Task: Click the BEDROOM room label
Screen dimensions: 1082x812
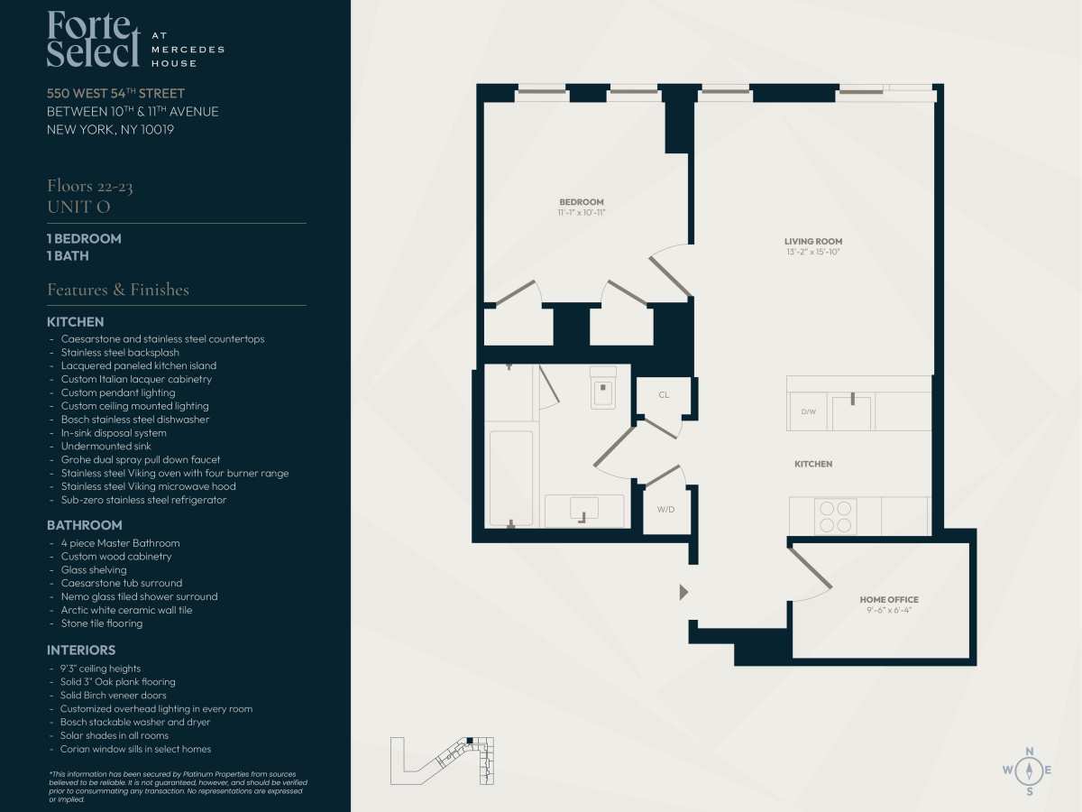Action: (582, 202)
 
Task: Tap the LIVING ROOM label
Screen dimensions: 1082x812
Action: (813, 242)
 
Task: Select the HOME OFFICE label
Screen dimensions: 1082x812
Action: (889, 599)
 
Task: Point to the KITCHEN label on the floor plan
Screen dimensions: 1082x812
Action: (813, 464)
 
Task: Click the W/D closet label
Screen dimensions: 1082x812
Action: (666, 509)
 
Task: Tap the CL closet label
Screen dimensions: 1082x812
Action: (664, 394)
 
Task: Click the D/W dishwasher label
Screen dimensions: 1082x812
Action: (809, 411)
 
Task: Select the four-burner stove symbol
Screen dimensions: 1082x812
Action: (836, 516)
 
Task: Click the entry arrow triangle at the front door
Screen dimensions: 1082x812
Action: (683, 592)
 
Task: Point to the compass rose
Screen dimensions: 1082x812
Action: (1030, 770)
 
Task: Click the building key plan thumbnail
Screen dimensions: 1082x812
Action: (442, 761)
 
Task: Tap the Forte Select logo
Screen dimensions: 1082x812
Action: (135, 39)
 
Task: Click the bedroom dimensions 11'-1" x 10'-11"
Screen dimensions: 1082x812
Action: (582, 213)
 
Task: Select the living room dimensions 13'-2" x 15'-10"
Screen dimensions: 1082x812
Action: (813, 252)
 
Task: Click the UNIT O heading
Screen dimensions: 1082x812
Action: (78, 208)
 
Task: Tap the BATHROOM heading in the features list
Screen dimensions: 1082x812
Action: (84, 526)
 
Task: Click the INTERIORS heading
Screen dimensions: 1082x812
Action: (81, 651)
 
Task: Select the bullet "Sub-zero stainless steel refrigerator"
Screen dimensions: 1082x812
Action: (143, 500)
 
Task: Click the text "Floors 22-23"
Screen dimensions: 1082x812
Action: (89, 187)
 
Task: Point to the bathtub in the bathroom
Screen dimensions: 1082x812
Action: (511, 478)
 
